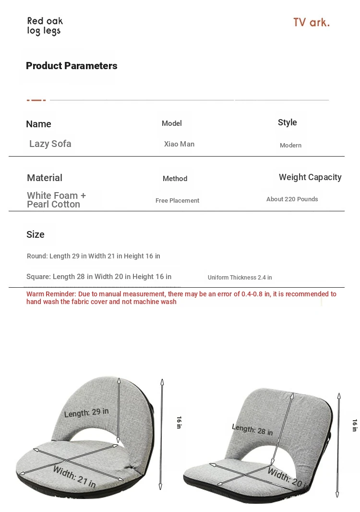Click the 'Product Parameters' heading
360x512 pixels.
click(x=72, y=66)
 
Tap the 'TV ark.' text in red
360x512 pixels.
click(x=311, y=23)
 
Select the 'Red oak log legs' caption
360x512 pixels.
click(x=45, y=26)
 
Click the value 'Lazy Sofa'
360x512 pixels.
click(x=50, y=144)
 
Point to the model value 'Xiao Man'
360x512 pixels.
click(x=179, y=144)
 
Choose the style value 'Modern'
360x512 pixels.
click(x=290, y=146)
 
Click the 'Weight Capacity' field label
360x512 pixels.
click(x=310, y=177)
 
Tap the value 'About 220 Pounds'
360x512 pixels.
click(x=292, y=199)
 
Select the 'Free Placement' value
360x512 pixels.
click(x=177, y=201)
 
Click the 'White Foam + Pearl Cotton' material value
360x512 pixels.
click(x=56, y=200)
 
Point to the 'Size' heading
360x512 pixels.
click(x=36, y=234)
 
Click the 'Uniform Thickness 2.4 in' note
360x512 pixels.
click(x=240, y=278)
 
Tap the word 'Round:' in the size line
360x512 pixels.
click(x=37, y=256)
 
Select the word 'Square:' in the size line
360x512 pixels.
click(x=38, y=277)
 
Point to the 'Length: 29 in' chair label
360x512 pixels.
click(x=86, y=413)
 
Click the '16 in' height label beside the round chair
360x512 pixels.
click(x=179, y=422)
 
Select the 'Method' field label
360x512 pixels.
click(x=175, y=179)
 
